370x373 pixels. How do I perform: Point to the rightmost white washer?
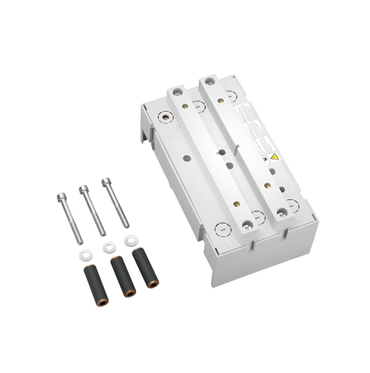tap(129, 240)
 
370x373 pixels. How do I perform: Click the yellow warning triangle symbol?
tap(274, 158)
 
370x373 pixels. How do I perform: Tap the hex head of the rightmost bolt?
tap(106, 182)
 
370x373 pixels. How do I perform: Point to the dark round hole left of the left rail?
tap(188, 158)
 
